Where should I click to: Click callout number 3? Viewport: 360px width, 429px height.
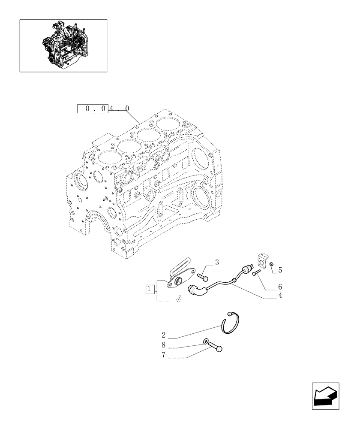pyautogui.click(x=217, y=262)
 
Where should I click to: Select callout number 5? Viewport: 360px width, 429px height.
pyautogui.click(x=280, y=270)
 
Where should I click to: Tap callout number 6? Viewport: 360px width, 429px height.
pyautogui.click(x=280, y=286)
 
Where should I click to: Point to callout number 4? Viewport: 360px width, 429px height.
pyautogui.click(x=280, y=295)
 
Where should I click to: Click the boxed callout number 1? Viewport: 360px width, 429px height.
pyautogui.click(x=149, y=290)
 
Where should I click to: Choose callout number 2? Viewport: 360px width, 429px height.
pyautogui.click(x=164, y=334)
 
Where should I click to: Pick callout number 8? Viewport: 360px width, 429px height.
pyautogui.click(x=164, y=345)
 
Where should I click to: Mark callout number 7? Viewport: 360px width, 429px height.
pyautogui.click(x=164, y=356)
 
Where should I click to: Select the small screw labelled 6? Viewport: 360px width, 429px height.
pyautogui.click(x=256, y=273)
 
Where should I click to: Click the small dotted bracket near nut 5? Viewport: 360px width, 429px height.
pyautogui.click(x=261, y=261)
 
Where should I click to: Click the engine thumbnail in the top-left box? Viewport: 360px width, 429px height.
pyautogui.click(x=63, y=45)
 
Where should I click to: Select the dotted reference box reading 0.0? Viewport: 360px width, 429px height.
pyautogui.click(x=92, y=109)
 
